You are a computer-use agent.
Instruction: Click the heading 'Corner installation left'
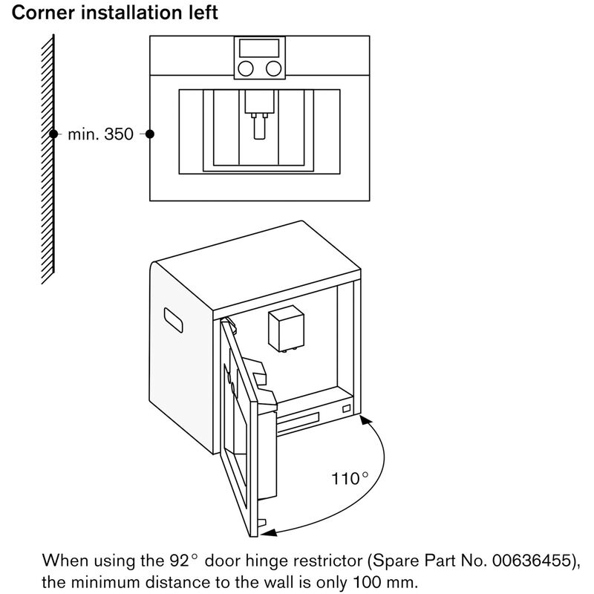pyautogui.click(x=114, y=13)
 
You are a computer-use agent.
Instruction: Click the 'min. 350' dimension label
pyautogui.click(x=100, y=134)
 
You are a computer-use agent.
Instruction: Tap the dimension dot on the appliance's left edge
pyautogui.click(x=150, y=134)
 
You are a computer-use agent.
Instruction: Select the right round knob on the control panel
pyautogui.click(x=274, y=69)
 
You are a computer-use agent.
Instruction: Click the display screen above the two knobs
pyautogui.click(x=260, y=48)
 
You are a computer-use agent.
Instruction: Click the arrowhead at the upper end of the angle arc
pyautogui.click(x=364, y=420)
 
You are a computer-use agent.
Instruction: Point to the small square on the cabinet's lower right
pyautogui.click(x=347, y=408)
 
